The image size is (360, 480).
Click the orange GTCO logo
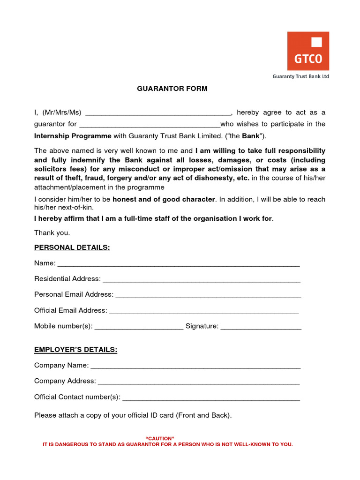[308, 51]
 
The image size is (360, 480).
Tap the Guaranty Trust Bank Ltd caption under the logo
[301, 76]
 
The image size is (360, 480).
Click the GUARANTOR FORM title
[172, 89]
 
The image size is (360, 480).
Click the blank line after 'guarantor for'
[150, 126]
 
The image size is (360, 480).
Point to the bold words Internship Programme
[73, 136]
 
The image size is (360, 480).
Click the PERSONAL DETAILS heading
[72, 247]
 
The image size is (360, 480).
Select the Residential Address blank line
[202, 280]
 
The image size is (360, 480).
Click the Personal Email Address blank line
[208, 296]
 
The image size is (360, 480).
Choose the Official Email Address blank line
[203, 312]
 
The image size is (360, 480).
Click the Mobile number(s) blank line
[139, 328]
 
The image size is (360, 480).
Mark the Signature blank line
[261, 328]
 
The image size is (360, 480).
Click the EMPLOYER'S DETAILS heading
[75, 350]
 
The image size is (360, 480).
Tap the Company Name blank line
[195, 367]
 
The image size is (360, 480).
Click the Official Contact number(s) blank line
[211, 398]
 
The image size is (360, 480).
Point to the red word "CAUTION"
[160, 438]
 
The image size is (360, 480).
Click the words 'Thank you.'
[52, 232]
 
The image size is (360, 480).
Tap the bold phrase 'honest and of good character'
[164, 199]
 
